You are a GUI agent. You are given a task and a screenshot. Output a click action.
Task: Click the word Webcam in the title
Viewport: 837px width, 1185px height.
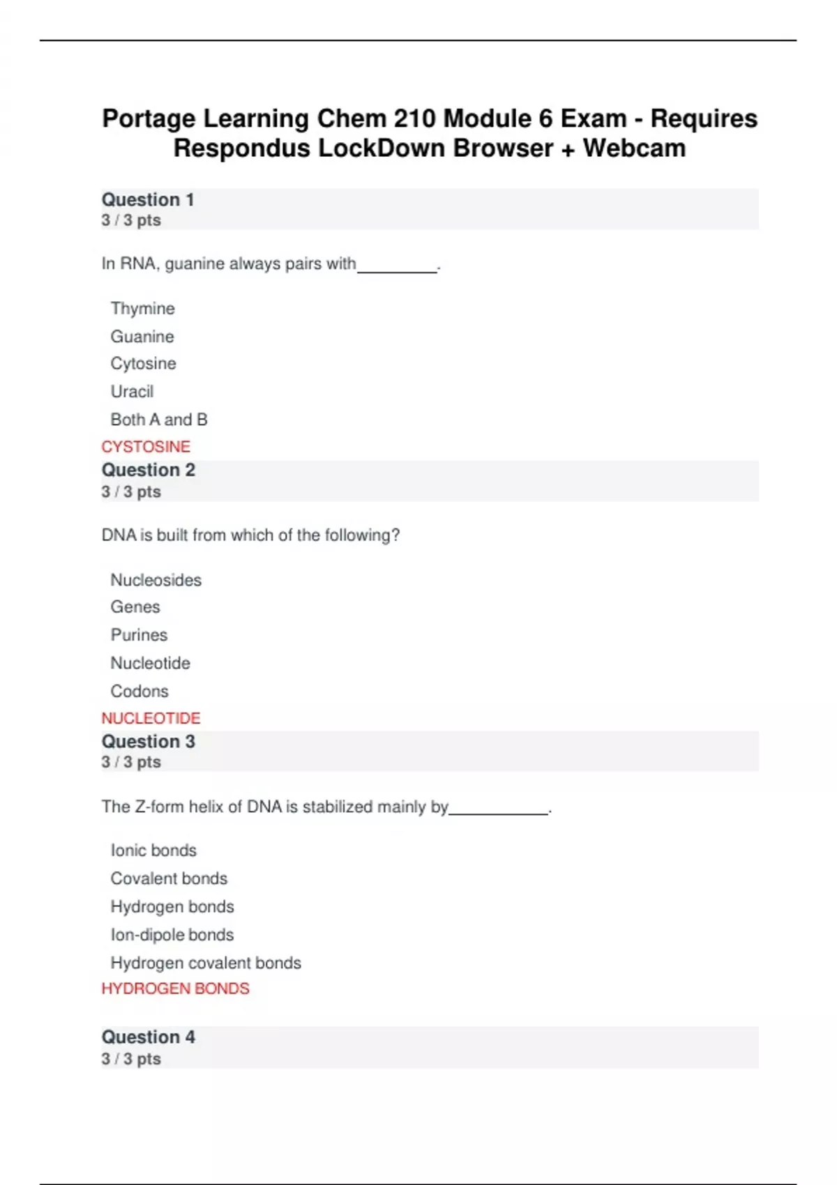(634, 148)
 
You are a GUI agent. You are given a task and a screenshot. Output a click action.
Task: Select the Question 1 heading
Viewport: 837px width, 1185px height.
(148, 200)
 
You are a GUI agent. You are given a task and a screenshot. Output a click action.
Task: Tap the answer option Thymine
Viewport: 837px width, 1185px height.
(142, 308)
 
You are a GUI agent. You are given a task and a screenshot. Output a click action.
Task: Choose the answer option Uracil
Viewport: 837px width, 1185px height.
(132, 392)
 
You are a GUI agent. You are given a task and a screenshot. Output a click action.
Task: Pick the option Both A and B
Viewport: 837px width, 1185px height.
(159, 420)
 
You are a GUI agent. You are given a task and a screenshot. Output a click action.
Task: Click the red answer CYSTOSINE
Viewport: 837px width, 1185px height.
(146, 447)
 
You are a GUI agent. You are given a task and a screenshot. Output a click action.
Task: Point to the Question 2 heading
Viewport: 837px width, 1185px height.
(149, 471)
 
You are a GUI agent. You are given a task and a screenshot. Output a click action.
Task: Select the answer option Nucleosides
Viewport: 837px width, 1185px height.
(156, 580)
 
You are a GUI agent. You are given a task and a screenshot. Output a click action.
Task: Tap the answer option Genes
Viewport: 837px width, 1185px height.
(135, 607)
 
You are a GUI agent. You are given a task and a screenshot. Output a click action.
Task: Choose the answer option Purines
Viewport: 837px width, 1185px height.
(139, 635)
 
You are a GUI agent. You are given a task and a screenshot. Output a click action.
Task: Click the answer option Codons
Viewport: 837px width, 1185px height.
(139, 691)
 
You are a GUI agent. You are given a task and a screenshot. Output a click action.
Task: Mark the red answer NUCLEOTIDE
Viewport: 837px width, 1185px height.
(151, 718)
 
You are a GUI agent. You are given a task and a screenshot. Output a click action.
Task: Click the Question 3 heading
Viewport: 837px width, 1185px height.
(149, 742)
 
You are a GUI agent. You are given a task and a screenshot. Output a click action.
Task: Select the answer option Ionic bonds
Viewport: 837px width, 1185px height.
(153, 850)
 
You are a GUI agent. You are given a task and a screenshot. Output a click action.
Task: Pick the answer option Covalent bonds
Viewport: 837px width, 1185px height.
(169, 878)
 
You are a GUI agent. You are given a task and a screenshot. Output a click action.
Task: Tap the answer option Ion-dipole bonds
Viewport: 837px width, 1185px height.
(172, 935)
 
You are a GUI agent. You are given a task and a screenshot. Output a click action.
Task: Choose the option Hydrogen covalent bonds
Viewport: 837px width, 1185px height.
(206, 963)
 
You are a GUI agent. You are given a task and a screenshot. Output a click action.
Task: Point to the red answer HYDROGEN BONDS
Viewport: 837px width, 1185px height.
(175, 988)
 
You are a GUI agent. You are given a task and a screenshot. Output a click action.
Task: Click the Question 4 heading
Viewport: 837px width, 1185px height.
(149, 1037)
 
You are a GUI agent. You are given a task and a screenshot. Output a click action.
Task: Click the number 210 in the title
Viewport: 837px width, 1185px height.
(415, 118)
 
